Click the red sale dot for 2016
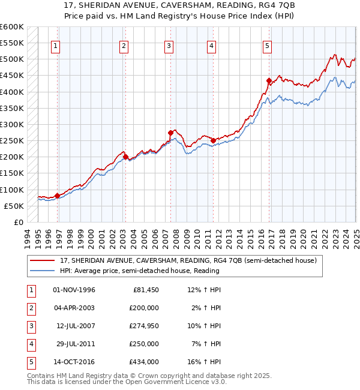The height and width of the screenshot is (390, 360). tap(269, 80)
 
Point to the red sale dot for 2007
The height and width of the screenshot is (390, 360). tap(171, 133)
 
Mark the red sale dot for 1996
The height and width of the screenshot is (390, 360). tap(57, 196)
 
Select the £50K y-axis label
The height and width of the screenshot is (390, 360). tap(14, 206)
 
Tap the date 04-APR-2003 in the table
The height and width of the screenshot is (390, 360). tap(74, 308)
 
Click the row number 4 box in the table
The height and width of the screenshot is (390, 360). tap(31, 344)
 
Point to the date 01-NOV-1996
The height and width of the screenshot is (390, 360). tap(74, 290)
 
